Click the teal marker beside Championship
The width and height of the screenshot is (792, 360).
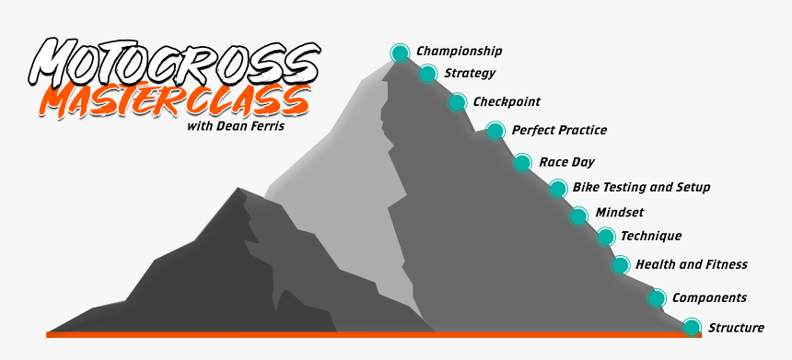(x=400, y=53)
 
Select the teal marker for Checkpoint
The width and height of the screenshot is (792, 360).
(x=458, y=102)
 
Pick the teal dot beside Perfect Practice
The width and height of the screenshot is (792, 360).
(x=495, y=131)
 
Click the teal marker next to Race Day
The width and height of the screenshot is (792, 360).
(x=522, y=163)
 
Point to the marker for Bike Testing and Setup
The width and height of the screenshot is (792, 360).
(x=557, y=189)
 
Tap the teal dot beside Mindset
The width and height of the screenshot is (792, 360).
(x=578, y=216)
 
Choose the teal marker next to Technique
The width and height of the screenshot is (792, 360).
(x=605, y=238)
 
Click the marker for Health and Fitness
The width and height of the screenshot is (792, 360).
(x=621, y=265)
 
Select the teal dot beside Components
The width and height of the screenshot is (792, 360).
(x=657, y=298)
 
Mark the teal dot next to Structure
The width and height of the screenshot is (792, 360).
(x=693, y=327)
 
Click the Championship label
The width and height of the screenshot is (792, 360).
(x=460, y=52)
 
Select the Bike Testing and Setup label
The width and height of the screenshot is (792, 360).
(x=641, y=187)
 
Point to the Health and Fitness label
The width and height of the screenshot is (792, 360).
(x=691, y=264)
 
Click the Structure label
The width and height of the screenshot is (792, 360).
(x=736, y=327)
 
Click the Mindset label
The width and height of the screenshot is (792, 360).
(x=620, y=212)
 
